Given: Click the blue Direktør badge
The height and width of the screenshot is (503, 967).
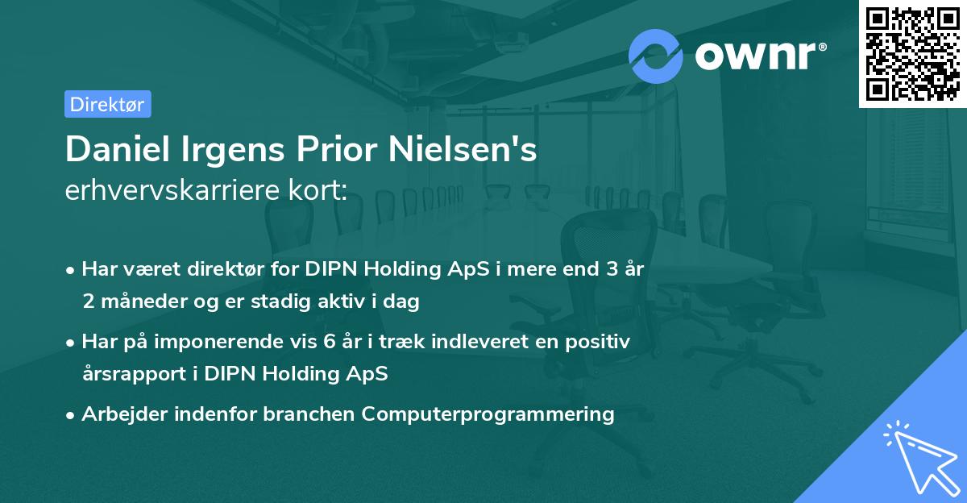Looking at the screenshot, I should [x=107, y=104].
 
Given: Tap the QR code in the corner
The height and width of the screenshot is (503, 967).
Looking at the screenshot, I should [x=912, y=53].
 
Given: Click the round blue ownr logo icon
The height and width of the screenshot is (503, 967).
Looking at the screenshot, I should [x=656, y=55].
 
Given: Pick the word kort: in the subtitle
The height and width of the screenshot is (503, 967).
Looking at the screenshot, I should [x=319, y=191].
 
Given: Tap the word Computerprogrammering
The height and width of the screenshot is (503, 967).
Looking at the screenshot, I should [x=488, y=414].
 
